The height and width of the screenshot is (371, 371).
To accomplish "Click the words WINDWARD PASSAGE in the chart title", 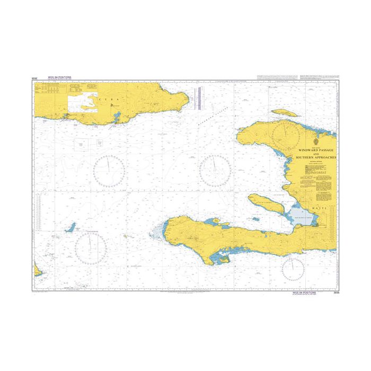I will pos(316,150).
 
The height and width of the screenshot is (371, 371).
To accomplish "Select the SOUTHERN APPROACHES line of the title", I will pos(316,158).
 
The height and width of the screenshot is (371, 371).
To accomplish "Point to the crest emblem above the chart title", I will pos(316,142).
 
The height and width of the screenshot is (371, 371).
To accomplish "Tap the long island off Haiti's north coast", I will pos(286,113).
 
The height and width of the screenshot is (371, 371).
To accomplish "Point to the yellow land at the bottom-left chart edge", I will pos(37,271).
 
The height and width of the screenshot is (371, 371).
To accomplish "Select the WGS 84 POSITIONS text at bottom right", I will pos(304,292).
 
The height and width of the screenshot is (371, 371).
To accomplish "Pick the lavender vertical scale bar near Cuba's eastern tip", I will pos(199,98).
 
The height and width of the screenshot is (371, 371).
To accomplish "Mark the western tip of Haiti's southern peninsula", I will pos(165,229).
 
